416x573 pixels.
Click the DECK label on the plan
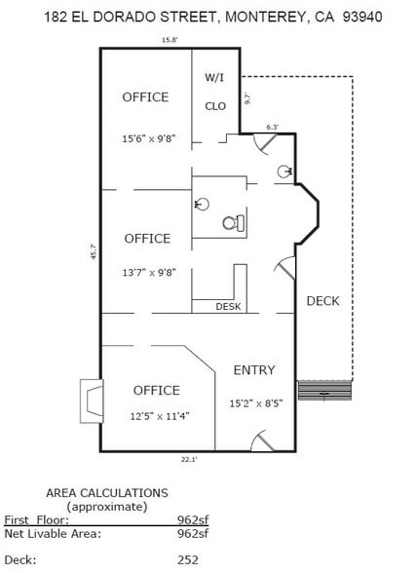point(322,300)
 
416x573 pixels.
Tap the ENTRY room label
point(253,370)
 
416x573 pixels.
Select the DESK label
point(228,307)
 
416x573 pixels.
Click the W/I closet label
point(214,77)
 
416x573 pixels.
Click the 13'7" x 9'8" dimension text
point(148,273)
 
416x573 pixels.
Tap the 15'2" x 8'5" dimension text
point(254,402)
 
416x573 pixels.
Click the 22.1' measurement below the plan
point(188,459)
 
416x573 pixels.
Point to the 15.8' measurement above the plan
point(170,40)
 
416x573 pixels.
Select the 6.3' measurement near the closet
point(272,127)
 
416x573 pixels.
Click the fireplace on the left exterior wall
point(91,400)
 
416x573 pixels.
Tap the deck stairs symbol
point(324,392)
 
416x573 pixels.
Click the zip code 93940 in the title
point(362,17)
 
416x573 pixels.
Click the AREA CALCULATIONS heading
point(107,493)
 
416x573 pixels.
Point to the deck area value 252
point(187,559)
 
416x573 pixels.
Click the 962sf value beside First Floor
point(192,520)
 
